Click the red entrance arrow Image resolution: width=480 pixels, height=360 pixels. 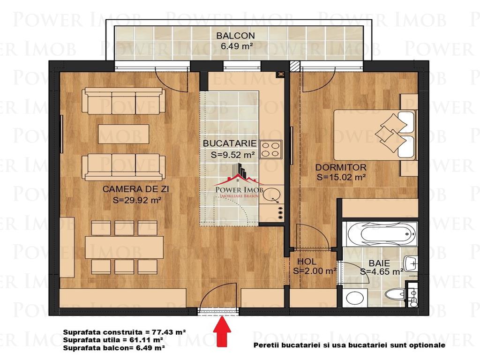222,332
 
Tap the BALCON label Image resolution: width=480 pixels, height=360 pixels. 235,36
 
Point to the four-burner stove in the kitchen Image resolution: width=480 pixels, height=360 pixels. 271,150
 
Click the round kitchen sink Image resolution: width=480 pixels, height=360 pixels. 271,195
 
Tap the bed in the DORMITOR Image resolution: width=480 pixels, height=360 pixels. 375,135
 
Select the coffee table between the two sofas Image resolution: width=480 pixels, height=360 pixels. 124,134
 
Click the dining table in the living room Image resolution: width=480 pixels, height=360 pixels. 124,247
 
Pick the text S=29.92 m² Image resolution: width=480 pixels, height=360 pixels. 137,200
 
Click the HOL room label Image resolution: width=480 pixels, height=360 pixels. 307,262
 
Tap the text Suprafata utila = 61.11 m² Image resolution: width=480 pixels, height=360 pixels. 113,340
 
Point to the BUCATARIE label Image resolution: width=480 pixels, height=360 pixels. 230,143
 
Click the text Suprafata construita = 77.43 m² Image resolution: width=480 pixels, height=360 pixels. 125,332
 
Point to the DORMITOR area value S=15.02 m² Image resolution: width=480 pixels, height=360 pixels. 341,177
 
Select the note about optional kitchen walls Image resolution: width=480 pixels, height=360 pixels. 349,345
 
